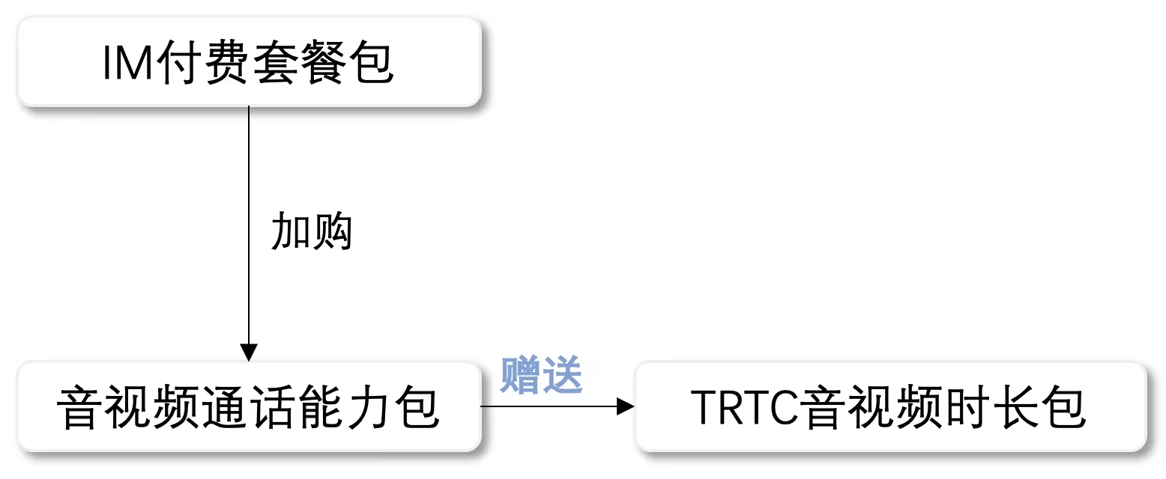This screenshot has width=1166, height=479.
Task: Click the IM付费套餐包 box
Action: click(249, 61)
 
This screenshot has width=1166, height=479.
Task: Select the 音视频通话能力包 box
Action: click(249, 407)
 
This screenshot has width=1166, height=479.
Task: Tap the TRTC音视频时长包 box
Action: click(890, 407)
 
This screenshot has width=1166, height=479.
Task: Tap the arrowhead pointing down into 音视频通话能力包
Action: click(249, 353)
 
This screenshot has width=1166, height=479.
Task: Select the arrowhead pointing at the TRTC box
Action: click(626, 407)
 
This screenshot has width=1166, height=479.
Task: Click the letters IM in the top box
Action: click(127, 64)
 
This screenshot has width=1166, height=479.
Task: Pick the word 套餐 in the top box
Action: click(300, 64)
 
